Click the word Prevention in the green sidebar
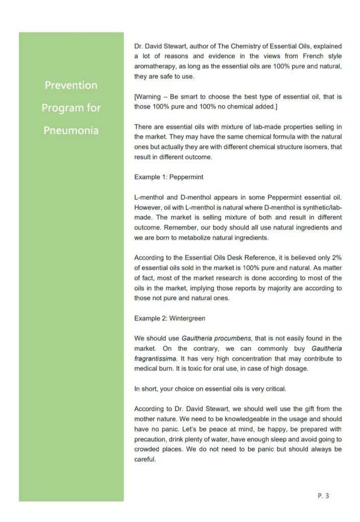(x=71, y=85)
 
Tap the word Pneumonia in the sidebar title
(x=71, y=131)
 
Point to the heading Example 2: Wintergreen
(x=170, y=318)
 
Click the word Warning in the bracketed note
(x=150, y=96)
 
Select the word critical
(x=274, y=388)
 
